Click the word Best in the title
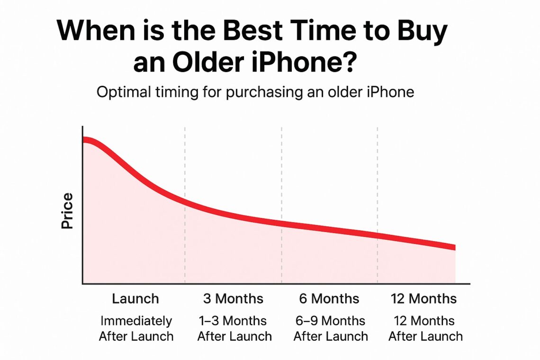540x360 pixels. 252,30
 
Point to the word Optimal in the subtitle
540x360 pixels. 123,92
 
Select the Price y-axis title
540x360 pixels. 67,211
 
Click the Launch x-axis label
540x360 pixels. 135,299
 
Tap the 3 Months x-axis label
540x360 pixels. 233,299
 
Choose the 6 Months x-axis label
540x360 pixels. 329,299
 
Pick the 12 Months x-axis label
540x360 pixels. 423,299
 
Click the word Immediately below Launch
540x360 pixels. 136,321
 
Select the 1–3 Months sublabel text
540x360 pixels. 233,321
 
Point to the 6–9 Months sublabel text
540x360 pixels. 330,321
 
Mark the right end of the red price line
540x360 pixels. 455,247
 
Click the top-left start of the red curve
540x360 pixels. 84,140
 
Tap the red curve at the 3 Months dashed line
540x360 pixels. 185,201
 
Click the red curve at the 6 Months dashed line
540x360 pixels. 282,224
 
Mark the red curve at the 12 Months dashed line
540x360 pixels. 378,235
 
